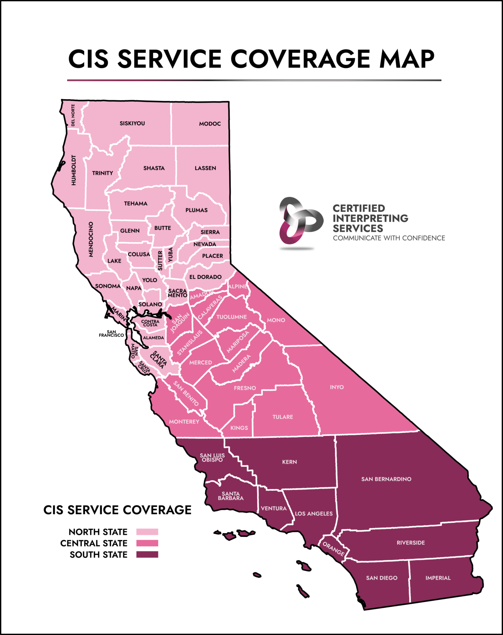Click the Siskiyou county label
pos(132,123)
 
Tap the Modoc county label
pos(210,124)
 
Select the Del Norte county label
pos(73,115)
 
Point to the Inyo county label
pos(337,387)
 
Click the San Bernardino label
pos(386,479)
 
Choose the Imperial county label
pos(438,578)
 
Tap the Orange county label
pos(333,549)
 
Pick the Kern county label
pos(290,462)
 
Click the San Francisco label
pos(111,334)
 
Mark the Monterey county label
pos(184,422)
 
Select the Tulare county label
pos(283,417)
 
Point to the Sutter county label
pos(160,260)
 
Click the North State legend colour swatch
pos(147,532)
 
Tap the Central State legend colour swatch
pos(147,543)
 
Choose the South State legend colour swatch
pos(147,555)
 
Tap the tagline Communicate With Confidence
pos(389,238)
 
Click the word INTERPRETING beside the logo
pos(370,218)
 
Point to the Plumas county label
pos(196,210)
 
